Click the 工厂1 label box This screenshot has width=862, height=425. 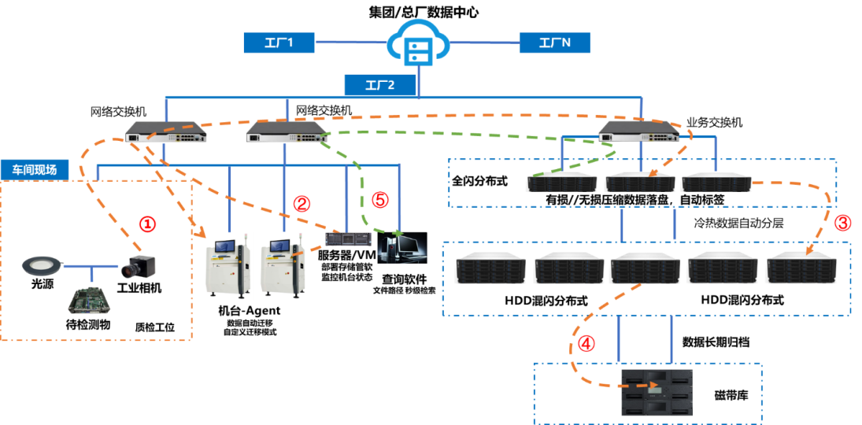[x=279, y=42]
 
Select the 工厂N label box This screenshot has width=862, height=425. [x=554, y=42]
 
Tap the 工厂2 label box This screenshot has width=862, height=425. [x=379, y=85]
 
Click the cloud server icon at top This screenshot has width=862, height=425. [x=417, y=46]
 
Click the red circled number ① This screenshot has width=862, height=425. [x=147, y=224]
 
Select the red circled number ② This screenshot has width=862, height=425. [x=302, y=203]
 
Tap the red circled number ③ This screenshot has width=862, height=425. [x=842, y=223]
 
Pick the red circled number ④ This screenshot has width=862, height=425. [x=586, y=344]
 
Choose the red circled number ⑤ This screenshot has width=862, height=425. [x=379, y=200]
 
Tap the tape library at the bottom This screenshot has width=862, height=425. [x=657, y=392]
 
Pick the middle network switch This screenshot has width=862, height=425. [x=287, y=131]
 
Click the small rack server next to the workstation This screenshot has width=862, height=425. [x=347, y=237]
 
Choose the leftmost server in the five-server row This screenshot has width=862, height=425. [x=490, y=268]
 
